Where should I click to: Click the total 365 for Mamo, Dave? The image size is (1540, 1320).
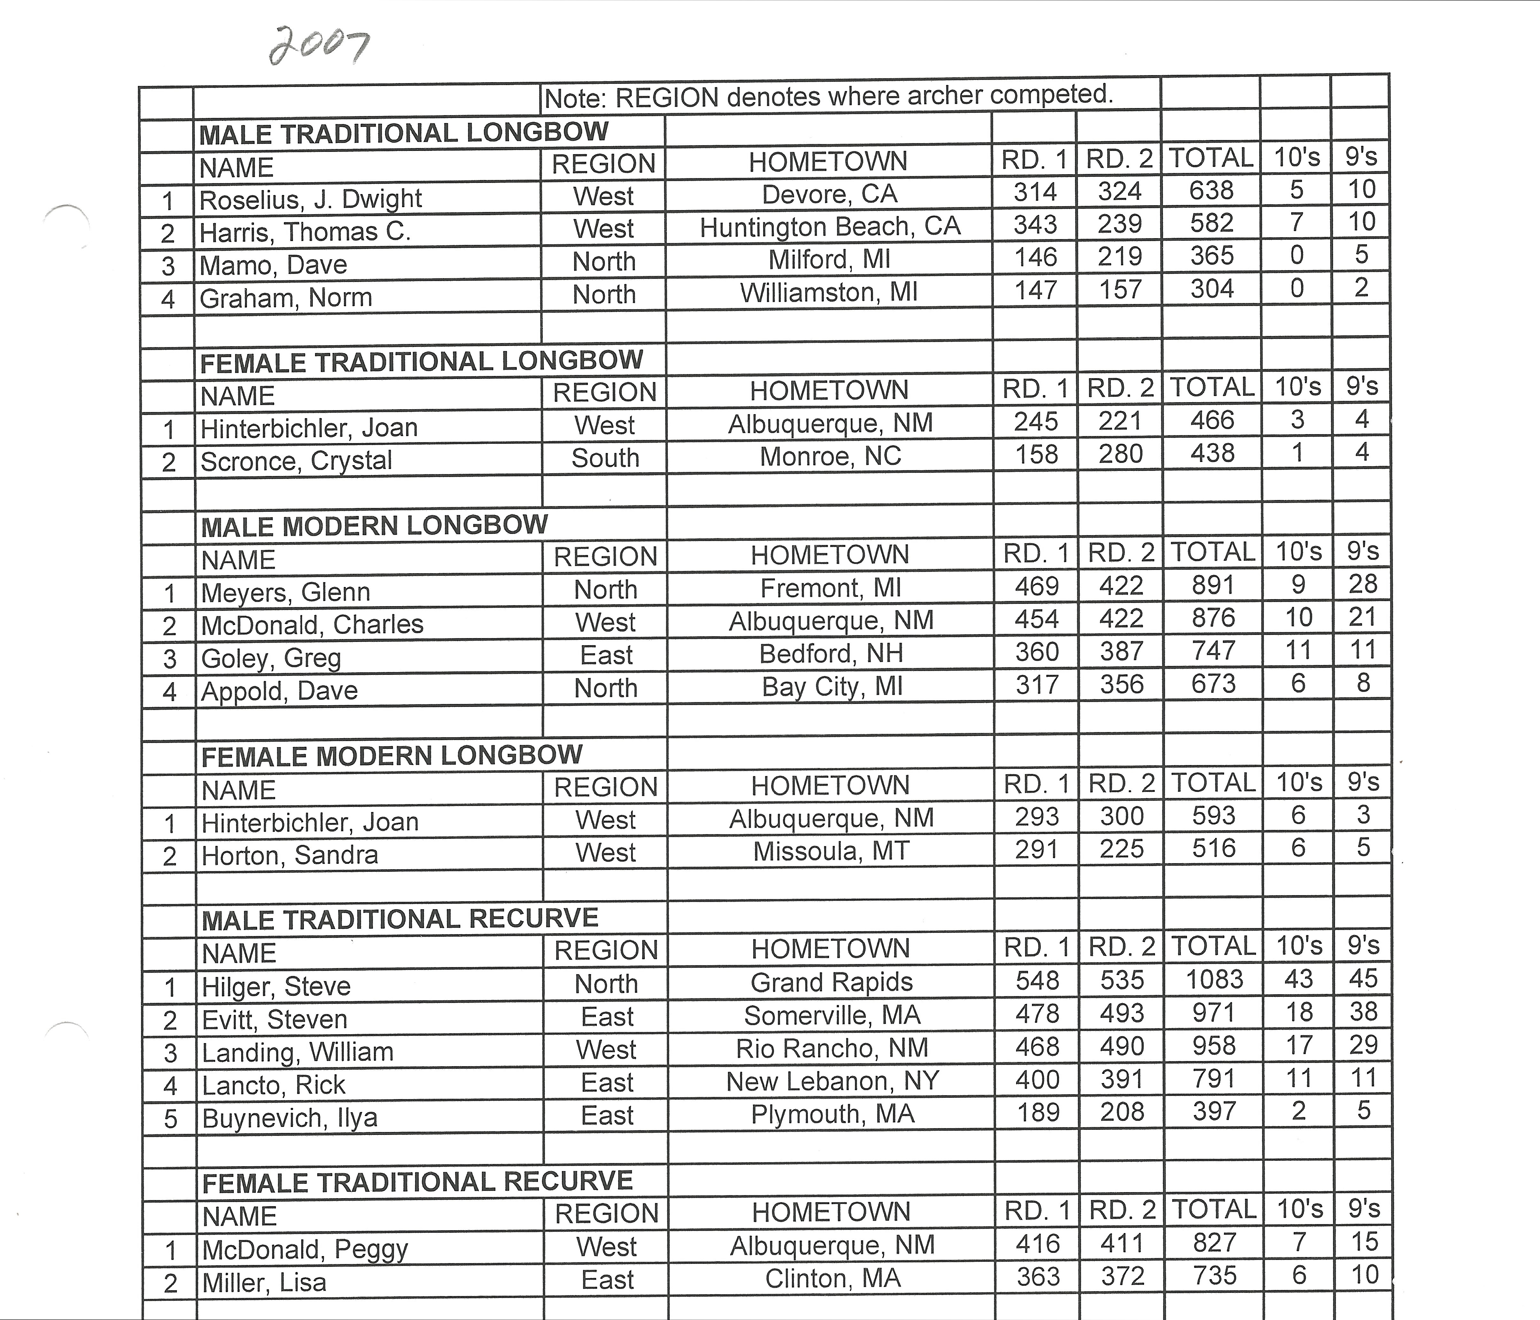(x=1212, y=255)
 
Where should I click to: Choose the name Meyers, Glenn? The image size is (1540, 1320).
(x=285, y=592)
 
